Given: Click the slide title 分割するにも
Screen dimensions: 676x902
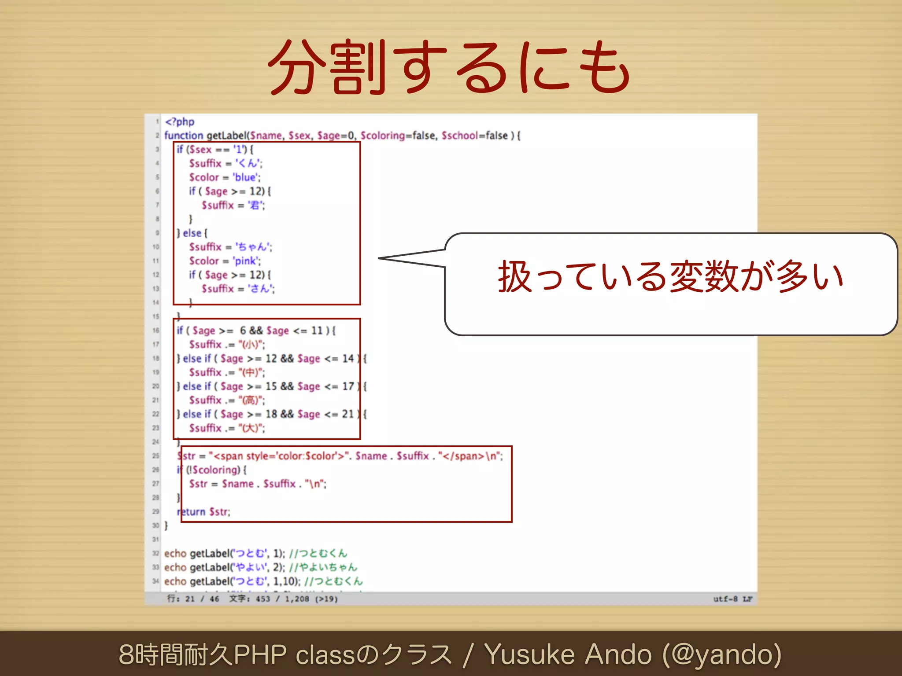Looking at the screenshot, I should [450, 67].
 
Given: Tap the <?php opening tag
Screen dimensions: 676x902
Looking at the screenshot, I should [180, 121].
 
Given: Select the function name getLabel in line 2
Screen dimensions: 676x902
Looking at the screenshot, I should [226, 136].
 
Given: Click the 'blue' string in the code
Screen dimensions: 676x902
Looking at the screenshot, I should [245, 177].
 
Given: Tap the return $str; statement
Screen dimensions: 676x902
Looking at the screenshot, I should [203, 512].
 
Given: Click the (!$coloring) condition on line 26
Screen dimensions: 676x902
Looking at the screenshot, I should [214, 470].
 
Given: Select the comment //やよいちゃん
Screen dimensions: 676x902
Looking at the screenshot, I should [323, 567].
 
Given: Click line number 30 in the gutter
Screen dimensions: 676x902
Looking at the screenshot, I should [155, 525].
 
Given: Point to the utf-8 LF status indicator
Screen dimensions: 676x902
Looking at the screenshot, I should [732, 599].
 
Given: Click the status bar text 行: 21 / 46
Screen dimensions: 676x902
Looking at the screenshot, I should [193, 599].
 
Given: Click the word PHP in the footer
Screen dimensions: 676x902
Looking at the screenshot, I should [260, 654].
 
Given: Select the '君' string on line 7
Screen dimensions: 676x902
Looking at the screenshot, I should [255, 205].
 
